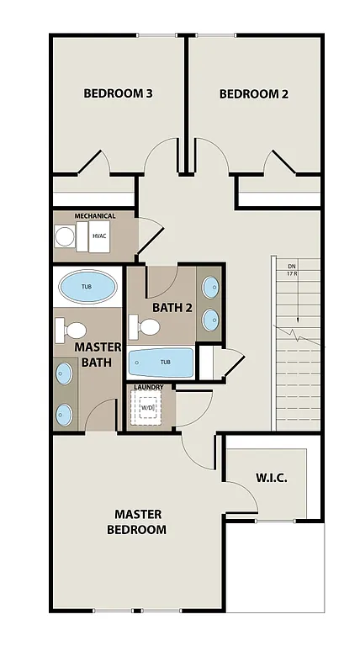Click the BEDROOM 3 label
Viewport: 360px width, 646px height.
118,93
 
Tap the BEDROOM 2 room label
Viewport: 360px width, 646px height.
253,94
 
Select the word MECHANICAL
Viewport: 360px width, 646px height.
94,216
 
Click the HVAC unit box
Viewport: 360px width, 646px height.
100,239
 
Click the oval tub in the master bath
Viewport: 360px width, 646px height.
87,287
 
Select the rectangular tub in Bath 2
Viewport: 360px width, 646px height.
161,363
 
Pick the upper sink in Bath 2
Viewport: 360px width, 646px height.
210,288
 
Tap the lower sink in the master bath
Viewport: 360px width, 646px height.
65,412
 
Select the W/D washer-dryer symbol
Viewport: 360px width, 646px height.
149,409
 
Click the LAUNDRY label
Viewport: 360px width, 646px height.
149,387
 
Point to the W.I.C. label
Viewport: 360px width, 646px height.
271,478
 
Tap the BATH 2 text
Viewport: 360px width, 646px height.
172,307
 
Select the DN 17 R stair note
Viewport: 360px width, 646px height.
292,268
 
